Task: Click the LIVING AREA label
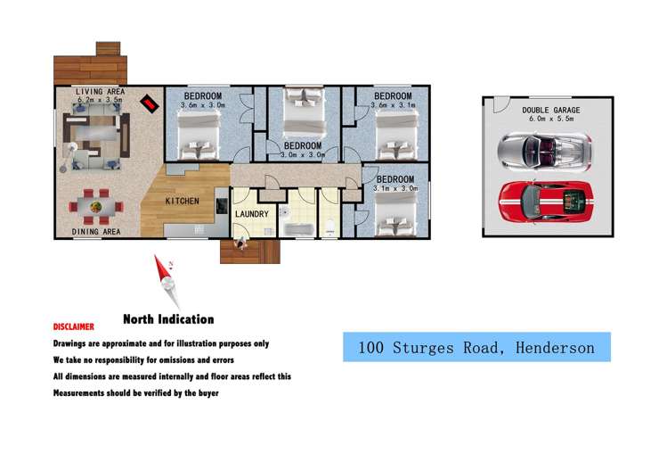point(100,92)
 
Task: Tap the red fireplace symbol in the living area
point(150,105)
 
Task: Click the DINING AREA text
point(96,232)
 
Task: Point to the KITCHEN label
point(182,201)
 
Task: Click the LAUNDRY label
point(252,214)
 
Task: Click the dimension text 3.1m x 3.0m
point(392,188)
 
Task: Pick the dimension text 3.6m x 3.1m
point(393,106)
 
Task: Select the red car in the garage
point(545,201)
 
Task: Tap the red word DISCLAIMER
point(73,327)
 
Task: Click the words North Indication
point(167,319)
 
